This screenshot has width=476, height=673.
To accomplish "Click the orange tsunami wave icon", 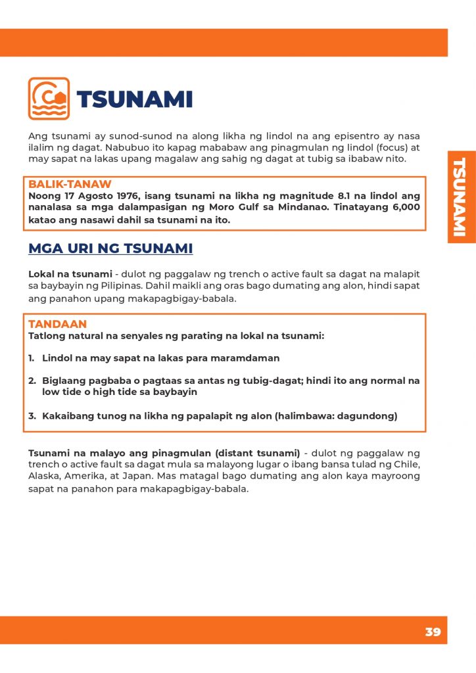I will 49,99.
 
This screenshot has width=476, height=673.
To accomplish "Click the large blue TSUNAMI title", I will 134,100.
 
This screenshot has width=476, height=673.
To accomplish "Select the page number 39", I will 433,632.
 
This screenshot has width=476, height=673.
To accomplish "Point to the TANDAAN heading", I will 57,325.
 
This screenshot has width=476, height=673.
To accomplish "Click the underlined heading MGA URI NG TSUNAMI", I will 110,248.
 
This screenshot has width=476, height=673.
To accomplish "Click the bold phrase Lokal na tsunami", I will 70,273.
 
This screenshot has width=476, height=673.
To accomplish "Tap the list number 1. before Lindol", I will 32,358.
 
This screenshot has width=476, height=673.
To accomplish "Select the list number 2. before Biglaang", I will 32,381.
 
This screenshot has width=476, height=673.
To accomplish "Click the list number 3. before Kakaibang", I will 32,416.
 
